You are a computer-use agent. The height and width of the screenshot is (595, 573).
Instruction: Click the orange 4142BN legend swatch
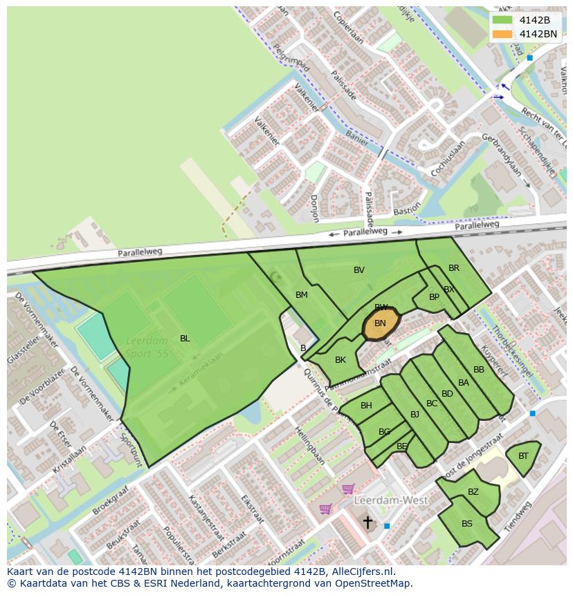(502, 34)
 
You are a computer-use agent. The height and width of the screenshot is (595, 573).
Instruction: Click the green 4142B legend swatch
(502, 21)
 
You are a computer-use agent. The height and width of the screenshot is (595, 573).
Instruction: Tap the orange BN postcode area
(381, 323)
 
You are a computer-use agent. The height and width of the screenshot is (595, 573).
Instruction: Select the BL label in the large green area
(185, 338)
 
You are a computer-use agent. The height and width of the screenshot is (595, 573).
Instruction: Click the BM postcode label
(302, 295)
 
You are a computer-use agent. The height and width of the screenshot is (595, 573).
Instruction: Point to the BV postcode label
(359, 270)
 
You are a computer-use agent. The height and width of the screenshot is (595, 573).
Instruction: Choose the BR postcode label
(454, 268)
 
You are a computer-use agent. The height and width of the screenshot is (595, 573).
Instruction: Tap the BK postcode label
(340, 360)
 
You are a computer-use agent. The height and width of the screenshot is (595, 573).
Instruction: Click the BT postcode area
(523, 456)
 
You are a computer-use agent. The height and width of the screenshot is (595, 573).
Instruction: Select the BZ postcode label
(473, 492)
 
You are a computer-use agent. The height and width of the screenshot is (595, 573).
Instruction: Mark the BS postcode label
(467, 524)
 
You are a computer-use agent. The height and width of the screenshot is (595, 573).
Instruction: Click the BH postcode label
(366, 406)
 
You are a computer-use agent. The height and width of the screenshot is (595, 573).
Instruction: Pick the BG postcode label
(385, 432)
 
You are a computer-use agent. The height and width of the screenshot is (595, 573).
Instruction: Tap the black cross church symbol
(368, 522)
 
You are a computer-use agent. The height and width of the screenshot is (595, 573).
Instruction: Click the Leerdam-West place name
(391, 500)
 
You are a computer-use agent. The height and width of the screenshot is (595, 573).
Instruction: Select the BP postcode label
(434, 297)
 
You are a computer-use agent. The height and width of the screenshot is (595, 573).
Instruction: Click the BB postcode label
(479, 370)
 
